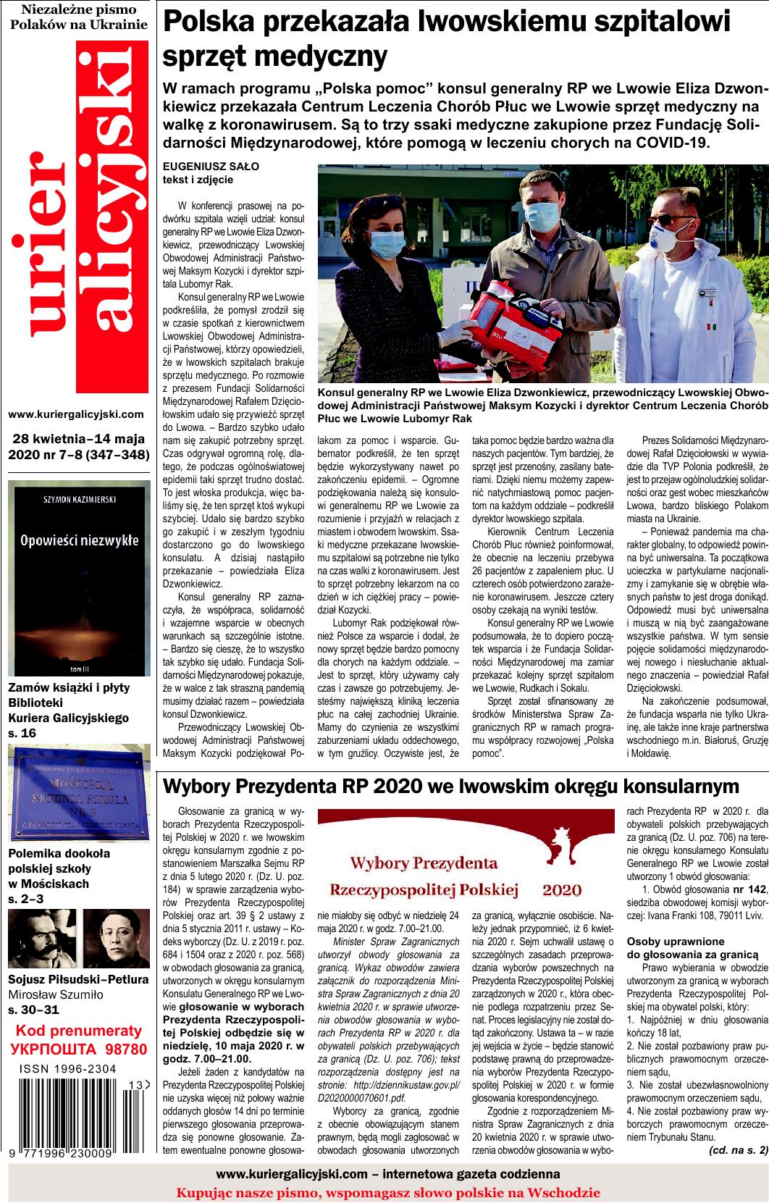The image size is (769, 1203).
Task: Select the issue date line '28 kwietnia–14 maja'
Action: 77,439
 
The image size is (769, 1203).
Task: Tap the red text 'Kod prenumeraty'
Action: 78,1031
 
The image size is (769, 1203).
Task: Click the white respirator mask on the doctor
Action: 667,236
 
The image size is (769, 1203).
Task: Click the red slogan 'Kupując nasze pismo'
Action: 388,1191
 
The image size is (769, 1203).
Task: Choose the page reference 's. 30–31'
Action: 33,1009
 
